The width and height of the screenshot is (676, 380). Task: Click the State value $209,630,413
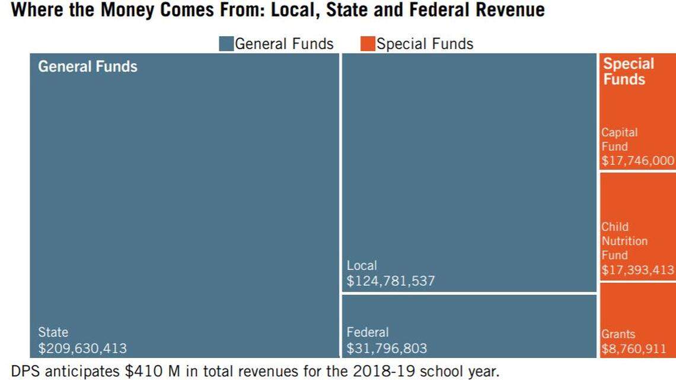point(82,348)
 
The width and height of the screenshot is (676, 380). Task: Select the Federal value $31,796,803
point(387,348)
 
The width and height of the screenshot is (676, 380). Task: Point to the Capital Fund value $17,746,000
point(637,161)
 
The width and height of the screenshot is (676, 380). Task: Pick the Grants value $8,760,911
point(633,349)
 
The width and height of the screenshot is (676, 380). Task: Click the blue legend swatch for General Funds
point(226,44)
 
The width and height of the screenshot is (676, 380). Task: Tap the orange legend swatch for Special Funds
point(368,44)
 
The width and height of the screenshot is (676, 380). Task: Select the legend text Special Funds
point(425,44)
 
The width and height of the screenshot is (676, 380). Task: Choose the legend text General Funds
point(284,44)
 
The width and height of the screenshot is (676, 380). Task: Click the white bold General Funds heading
point(87,66)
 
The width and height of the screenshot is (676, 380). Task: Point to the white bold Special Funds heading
point(628,71)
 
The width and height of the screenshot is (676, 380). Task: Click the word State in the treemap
point(53,333)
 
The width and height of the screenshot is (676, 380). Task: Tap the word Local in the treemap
point(361,266)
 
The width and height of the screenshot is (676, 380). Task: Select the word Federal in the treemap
point(367,333)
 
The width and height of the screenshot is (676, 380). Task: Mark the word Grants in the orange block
point(618,334)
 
